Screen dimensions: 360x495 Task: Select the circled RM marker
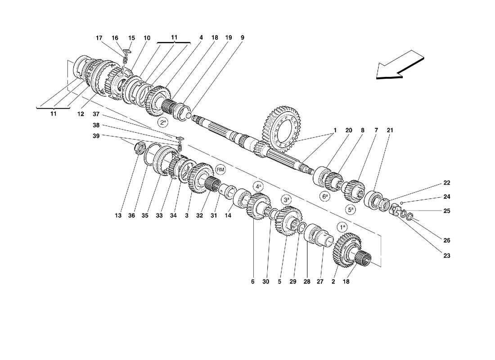click(x=220, y=169)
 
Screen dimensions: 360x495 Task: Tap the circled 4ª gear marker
click(x=258, y=186)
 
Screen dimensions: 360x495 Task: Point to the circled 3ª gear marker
click(x=287, y=199)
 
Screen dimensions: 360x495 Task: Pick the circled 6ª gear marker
click(x=325, y=196)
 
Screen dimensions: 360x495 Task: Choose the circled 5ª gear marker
click(x=351, y=209)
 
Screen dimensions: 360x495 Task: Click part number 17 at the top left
click(x=99, y=38)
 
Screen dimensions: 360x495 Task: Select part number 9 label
click(x=242, y=38)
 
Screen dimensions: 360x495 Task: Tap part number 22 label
click(x=446, y=183)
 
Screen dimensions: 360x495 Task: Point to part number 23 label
click(x=446, y=256)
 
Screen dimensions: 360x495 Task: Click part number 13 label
click(x=118, y=216)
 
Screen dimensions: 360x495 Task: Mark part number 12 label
click(x=81, y=114)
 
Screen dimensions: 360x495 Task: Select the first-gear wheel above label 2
click(x=346, y=250)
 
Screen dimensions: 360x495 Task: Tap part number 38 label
click(x=96, y=125)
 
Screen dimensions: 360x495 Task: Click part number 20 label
click(x=348, y=130)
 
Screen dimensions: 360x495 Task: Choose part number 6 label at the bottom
click(x=253, y=282)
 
